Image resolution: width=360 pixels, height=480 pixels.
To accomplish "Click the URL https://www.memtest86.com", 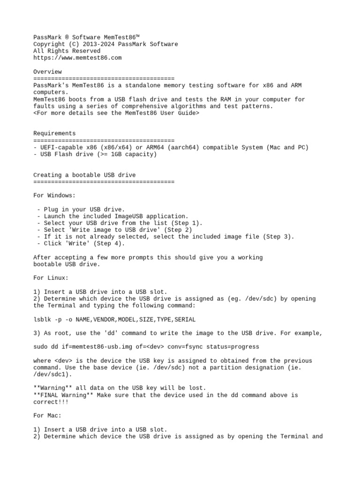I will click(77, 58).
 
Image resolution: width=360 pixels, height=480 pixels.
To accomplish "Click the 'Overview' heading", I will click(47, 72).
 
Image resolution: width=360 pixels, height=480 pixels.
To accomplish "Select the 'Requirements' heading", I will click(54, 134).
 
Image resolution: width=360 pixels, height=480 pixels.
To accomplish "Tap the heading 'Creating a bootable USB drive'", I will click(84, 175).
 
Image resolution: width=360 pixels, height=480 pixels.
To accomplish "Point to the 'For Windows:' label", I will click(54, 195).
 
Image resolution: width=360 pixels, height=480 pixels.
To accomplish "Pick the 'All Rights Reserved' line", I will click(67, 51).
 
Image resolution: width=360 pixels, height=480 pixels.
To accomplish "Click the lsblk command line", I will click(114, 319).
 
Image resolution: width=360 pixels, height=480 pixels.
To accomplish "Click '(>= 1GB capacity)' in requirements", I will click(127, 154).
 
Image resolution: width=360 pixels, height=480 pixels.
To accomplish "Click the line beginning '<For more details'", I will click(116, 113).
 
